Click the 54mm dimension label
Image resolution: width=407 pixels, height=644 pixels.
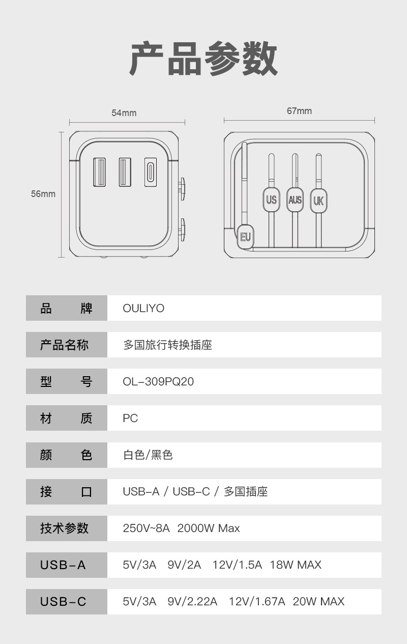coord(124,113)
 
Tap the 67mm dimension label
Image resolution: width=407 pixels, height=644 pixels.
coord(299,111)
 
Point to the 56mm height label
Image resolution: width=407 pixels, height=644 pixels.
coord(43,194)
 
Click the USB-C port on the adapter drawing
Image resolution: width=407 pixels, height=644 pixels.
coord(151,172)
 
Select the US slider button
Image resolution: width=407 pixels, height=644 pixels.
coord(271,200)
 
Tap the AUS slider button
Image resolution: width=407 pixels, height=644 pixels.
coord(295,200)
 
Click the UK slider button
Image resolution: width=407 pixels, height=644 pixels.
coord(318,200)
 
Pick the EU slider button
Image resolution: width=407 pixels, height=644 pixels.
coord(246,237)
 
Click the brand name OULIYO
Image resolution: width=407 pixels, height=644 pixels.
coord(143,309)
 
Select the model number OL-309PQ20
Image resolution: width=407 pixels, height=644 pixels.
coord(158,382)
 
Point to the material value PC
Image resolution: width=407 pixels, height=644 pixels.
coord(130,418)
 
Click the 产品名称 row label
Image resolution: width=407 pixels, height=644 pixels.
coord(64,345)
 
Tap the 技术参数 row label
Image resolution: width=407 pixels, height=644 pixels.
coord(64,528)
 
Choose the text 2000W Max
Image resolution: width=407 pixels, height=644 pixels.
coord(209,528)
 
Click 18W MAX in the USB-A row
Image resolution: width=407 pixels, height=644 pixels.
coord(296,565)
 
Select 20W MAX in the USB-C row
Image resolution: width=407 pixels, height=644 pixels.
coord(318,602)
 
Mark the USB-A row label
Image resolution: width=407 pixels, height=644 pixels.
coord(63,565)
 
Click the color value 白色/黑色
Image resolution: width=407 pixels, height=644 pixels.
coord(148,455)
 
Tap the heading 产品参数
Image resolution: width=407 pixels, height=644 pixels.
coord(203,59)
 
